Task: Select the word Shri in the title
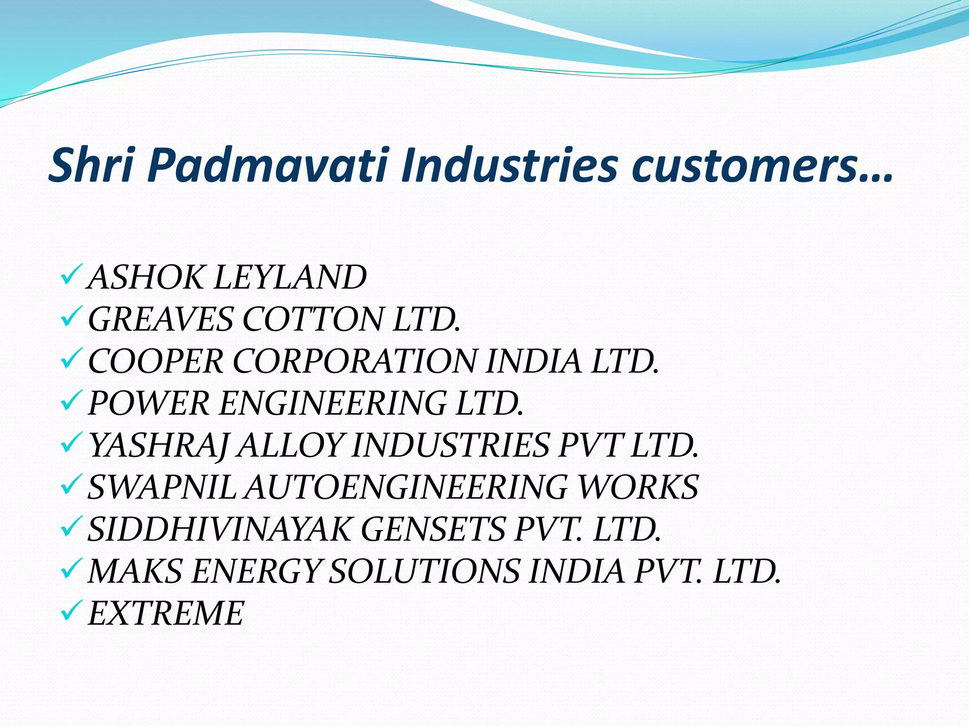click(90, 166)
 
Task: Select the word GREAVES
click(161, 319)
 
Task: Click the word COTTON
click(313, 319)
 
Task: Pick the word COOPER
click(156, 362)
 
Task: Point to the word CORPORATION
click(354, 362)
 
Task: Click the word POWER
click(149, 404)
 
